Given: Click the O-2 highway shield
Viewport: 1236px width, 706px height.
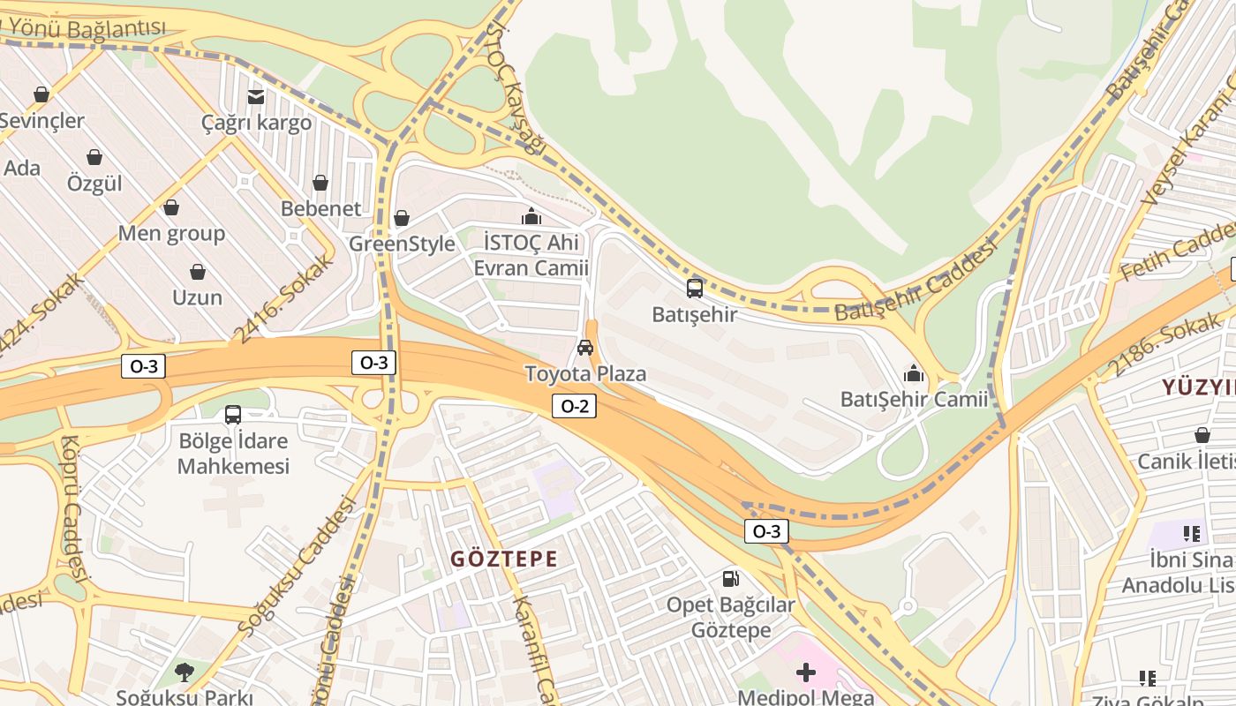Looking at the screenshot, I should tap(574, 406).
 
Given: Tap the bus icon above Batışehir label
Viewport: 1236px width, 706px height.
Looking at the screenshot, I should tap(695, 288).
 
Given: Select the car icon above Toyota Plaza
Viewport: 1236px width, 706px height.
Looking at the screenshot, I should tap(584, 348).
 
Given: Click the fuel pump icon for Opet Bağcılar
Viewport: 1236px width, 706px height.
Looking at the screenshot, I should tap(730, 579).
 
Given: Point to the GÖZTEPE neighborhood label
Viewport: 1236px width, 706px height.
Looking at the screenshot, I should tap(504, 559).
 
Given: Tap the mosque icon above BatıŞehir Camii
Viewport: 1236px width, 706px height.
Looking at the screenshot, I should tap(914, 373).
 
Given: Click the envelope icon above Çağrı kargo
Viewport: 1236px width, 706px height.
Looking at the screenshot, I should tap(256, 96).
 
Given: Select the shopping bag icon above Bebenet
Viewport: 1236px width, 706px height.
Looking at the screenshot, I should tap(320, 183).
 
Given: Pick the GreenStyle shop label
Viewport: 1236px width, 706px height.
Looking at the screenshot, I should tap(402, 244).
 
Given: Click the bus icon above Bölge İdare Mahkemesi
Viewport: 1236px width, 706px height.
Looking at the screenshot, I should tap(233, 414).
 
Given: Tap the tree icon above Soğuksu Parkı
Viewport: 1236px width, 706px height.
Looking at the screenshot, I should tap(185, 672).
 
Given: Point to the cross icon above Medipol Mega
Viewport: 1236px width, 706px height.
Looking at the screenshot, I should tap(805, 673).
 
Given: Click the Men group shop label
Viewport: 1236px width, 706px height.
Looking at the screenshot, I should tap(171, 233).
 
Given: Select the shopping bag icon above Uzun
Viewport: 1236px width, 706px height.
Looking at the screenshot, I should tap(198, 272).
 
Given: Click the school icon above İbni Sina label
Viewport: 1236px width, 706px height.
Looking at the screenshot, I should tap(1192, 533).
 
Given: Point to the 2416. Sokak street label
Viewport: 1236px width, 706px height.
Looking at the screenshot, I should tap(283, 298).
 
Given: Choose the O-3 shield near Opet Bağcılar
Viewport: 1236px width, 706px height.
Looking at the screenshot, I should tap(765, 531).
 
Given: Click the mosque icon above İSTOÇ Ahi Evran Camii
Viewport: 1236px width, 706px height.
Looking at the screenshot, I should tap(531, 216).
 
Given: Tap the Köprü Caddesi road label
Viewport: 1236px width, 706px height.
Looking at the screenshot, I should tap(72, 509).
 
